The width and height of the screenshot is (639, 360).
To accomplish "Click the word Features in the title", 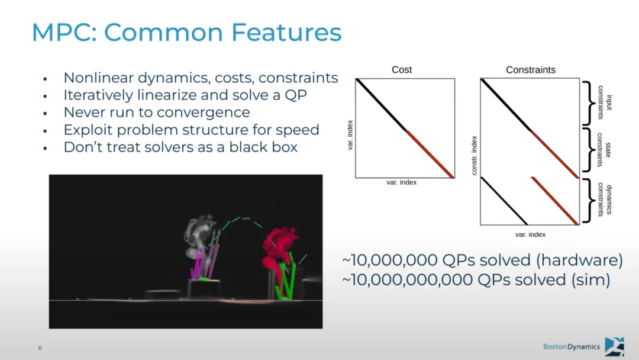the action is coord(286,32).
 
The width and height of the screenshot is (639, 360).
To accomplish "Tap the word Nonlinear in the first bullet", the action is coord(99,78).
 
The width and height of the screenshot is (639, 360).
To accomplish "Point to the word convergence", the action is coord(203,112).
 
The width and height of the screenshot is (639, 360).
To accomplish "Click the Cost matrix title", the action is coord(402,70).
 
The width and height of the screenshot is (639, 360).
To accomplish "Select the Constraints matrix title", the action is coord(531,70).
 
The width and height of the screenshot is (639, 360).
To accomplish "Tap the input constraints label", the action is coord(605,102).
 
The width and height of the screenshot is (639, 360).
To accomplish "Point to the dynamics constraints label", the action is coord(605,200).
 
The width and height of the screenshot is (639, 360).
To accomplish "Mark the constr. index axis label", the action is coord(474,156).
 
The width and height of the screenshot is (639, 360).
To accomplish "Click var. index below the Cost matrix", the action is coord(401,182).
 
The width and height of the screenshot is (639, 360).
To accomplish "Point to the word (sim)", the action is coord(590,279).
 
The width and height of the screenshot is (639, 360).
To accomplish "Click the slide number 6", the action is coord(40,348).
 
